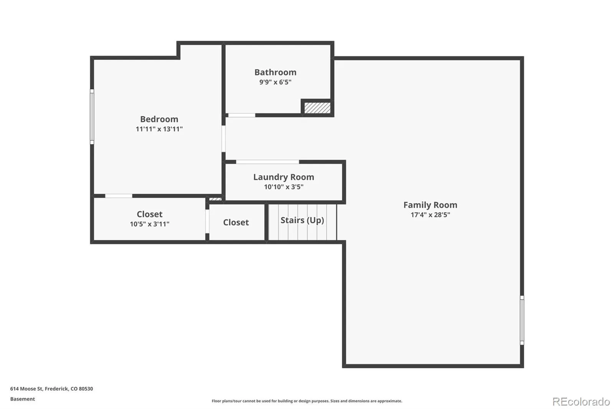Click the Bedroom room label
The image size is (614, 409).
[159, 119]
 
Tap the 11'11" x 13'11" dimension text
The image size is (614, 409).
[159, 129]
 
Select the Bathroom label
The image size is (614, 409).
[275, 72]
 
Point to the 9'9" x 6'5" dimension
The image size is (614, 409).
[275, 82]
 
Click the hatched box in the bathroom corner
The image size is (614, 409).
[317, 108]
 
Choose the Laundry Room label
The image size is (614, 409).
[284, 177]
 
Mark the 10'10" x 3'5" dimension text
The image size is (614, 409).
[284, 187]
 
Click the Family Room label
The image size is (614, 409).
[430, 205]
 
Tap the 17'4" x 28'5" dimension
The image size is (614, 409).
[430, 215]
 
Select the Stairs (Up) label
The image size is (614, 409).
[302, 220]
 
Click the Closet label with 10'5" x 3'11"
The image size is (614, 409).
[149, 214]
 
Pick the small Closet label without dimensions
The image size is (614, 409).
[236, 223]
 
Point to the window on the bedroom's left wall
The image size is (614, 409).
[92, 117]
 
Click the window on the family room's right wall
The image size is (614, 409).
[522, 320]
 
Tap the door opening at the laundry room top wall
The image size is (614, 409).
[267, 162]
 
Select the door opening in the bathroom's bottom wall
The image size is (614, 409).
[242, 115]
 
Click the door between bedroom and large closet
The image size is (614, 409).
[119, 196]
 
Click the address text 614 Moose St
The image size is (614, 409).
[51, 389]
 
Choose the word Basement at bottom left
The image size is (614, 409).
[22, 399]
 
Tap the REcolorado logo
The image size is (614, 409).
[581, 402]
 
